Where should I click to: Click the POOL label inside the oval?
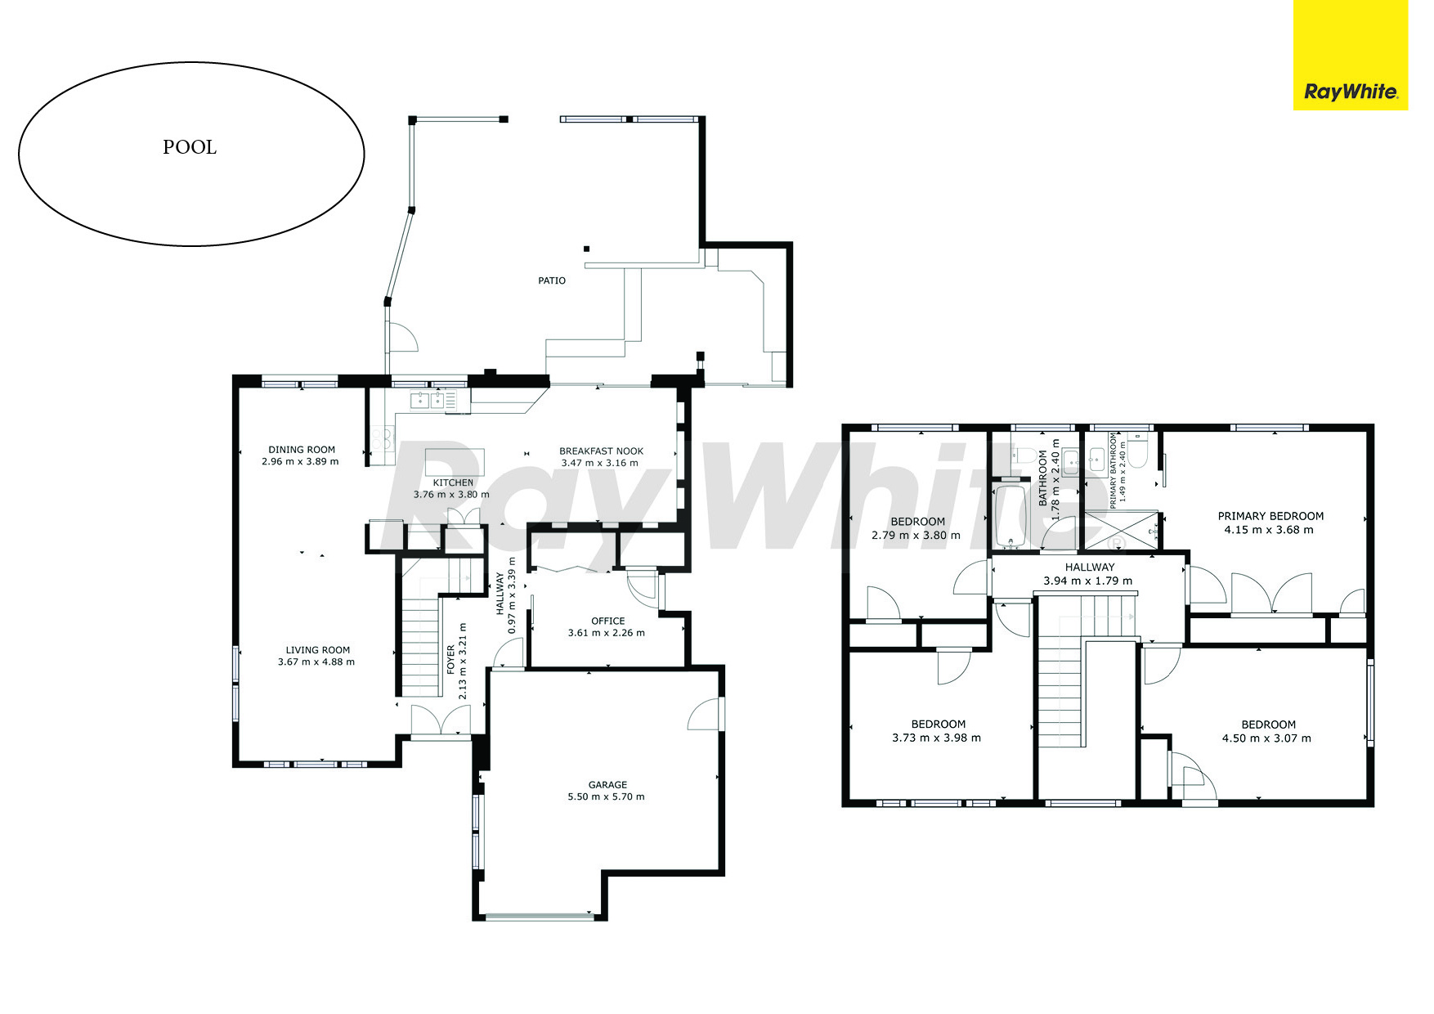pos(190,147)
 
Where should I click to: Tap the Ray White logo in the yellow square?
pos(1350,92)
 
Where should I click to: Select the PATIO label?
pos(552,280)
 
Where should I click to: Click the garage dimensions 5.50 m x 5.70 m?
pos(606,796)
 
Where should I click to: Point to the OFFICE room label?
pos(607,621)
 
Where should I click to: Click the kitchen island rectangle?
pos(455,461)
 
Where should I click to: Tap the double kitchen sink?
pos(428,400)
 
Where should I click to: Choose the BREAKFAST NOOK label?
pos(601,451)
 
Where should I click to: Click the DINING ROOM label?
pos(302,449)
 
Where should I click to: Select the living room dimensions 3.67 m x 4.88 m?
pos(316,662)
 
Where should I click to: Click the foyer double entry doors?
pos(441,720)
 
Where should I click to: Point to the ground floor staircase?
pos(422,646)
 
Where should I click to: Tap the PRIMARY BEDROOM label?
pos(1270,516)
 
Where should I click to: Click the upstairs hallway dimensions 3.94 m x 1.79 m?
pos(1087,581)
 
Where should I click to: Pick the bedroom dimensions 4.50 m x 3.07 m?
pos(1266,738)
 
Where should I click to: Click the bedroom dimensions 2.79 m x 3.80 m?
pos(916,536)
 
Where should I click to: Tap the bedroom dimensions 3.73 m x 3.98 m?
pos(936,738)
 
